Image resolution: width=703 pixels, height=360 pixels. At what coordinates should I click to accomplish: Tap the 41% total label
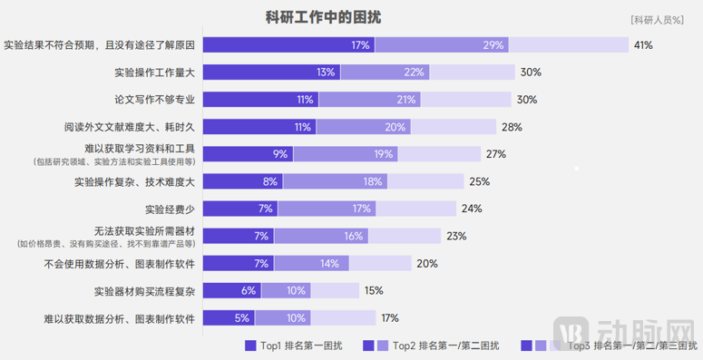644,45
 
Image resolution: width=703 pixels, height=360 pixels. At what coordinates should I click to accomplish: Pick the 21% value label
406,100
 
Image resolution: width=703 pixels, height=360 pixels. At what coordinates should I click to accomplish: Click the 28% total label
513,127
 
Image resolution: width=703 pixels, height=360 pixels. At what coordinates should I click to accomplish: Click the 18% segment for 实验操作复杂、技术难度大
373,181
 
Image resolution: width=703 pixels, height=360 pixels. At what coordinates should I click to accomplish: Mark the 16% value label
355,237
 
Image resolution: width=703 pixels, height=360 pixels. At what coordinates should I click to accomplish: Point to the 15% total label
374,291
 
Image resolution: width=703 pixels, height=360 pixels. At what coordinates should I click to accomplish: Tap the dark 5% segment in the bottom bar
229,318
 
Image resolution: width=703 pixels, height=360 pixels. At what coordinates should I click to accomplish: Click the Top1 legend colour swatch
251,345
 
